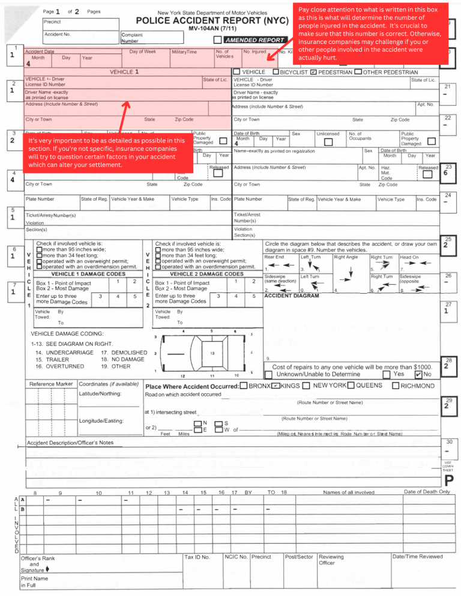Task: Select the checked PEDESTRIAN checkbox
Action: (313, 72)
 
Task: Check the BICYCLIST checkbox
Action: (276, 72)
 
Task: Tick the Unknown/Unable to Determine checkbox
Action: (268, 374)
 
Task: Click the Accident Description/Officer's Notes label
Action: (70, 443)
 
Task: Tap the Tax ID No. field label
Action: (197, 557)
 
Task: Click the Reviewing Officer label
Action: (331, 560)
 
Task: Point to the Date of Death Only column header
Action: (427, 492)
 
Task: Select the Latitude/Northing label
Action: (100, 393)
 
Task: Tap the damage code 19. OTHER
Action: (116, 366)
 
